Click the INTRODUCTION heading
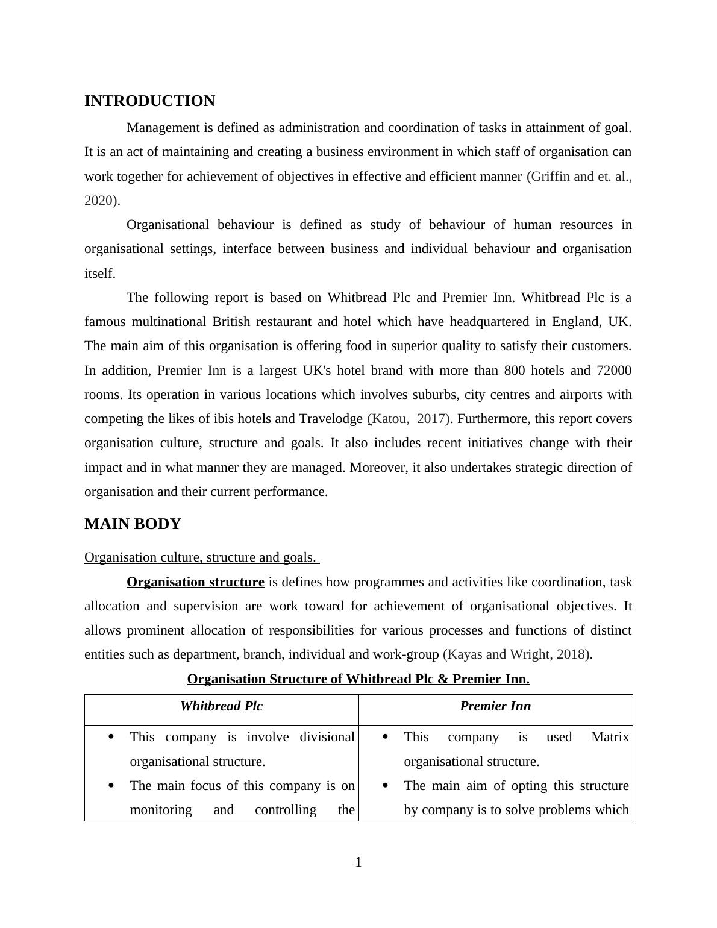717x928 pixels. (149, 101)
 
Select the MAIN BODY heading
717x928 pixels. (133, 524)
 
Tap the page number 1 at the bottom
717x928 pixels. (358, 862)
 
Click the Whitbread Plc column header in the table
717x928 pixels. (221, 706)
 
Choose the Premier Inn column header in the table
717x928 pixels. (495, 706)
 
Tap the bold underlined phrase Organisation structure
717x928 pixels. (195, 582)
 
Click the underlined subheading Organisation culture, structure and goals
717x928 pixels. (201, 557)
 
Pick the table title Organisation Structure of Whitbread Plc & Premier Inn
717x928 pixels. (358, 679)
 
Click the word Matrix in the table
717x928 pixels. (610, 737)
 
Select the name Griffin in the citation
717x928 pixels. (549, 177)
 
